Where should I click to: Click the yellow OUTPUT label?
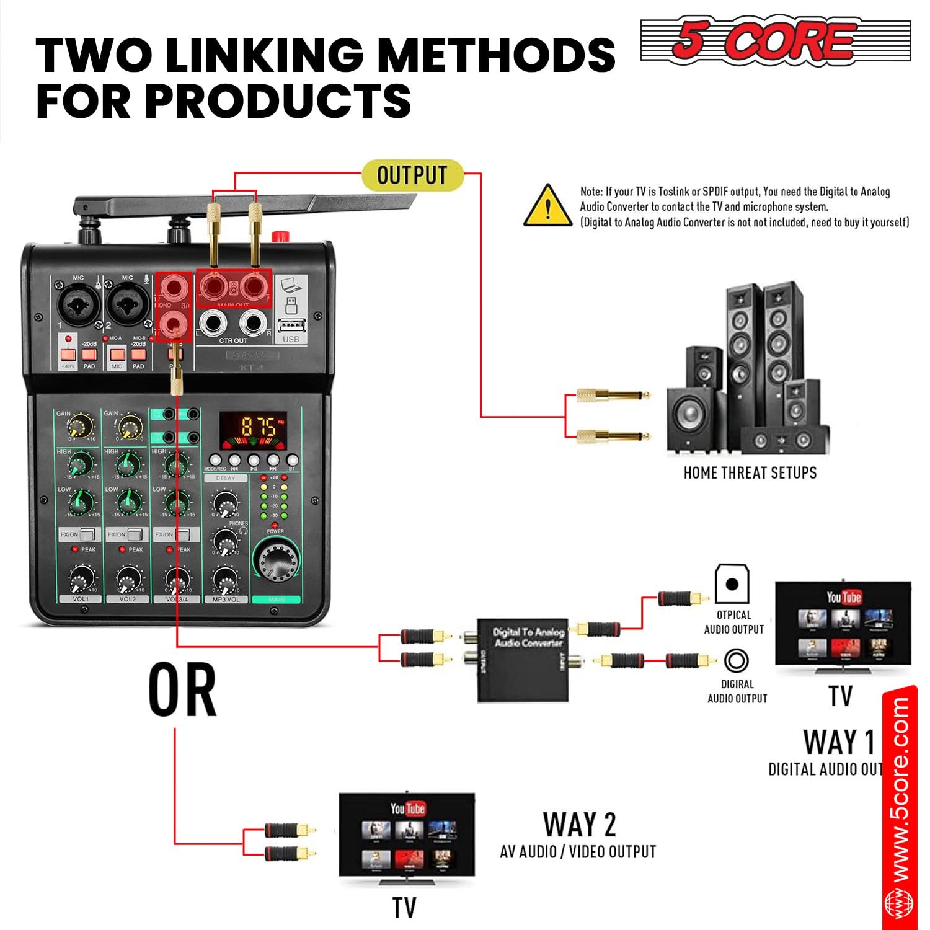pos(412,175)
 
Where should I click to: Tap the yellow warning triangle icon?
pos(547,206)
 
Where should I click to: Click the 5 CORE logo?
pos(775,40)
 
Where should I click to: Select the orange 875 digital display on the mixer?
pos(253,427)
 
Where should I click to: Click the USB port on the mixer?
pos(291,326)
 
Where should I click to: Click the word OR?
pos(182,689)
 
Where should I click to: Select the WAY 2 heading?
pos(580,825)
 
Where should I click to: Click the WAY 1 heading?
pos(839,742)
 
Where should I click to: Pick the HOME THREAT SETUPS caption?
pos(750,473)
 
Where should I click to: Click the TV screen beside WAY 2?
pos(407,834)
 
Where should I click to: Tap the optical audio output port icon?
pos(732,583)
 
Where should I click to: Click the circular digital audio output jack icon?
pos(736,660)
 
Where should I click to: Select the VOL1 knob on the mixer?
pos(81,580)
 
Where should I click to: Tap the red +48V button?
pos(68,355)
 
